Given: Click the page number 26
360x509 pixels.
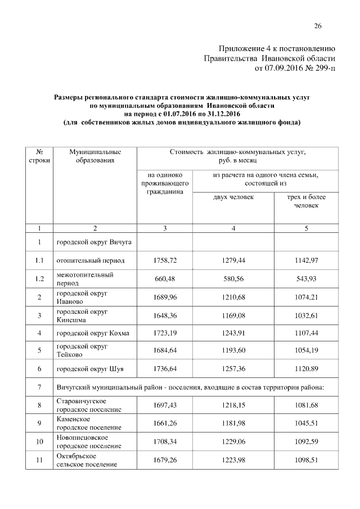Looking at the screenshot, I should pos(317,26).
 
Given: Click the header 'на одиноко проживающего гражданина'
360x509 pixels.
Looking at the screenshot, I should pos(164,183).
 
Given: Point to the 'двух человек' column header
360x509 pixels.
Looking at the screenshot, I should pos(233,197).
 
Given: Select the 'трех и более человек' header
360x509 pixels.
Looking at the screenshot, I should pos(306,201).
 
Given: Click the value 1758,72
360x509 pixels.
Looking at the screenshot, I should pos(164,261).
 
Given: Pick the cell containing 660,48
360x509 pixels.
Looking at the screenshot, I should pos(164,280).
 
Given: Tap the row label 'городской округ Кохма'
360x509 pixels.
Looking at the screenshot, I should pos(93,334).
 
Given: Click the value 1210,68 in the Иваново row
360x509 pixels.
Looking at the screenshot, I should pos(233,298).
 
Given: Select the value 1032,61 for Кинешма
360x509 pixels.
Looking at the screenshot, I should pos(306,316).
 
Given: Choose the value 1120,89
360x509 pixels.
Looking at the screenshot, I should pos(306,370).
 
